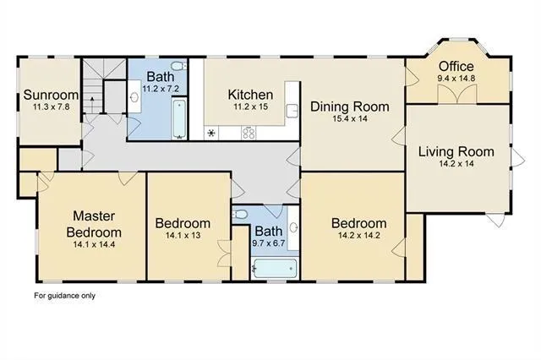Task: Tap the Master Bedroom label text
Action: [x=93, y=224]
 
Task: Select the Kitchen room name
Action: [x=250, y=95]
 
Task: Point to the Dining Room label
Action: [x=349, y=106]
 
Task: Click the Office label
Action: [x=455, y=67]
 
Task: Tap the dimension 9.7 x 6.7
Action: [x=269, y=243]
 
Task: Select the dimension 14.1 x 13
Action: [x=183, y=236]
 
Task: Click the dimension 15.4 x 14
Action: [x=349, y=119]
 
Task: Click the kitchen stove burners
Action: [x=250, y=132]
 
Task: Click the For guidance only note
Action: [x=66, y=296]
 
